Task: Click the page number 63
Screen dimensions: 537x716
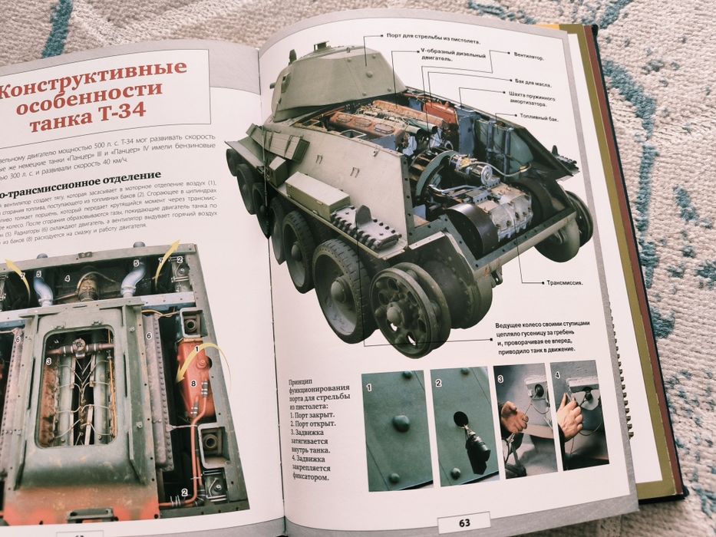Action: pyautogui.click(x=464, y=522)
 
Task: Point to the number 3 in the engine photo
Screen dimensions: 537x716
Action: pyautogui.click(x=48, y=361)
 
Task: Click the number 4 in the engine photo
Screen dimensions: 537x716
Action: pyautogui.click(x=68, y=278)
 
